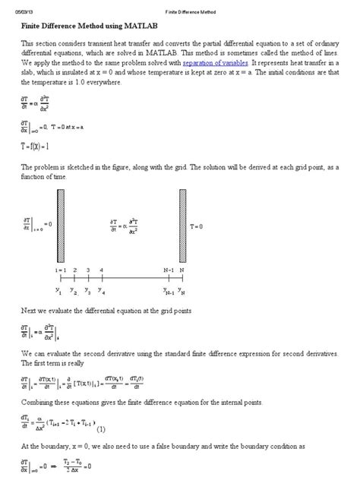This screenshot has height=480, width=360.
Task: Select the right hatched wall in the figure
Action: click(182, 226)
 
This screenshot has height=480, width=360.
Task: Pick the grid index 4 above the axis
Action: click(101, 270)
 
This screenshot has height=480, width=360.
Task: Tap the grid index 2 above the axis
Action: click(74, 270)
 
